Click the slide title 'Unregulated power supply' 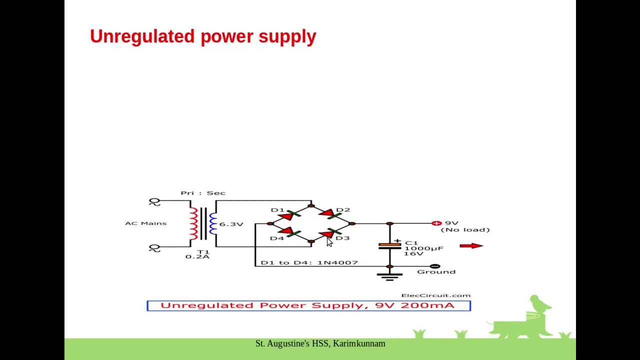coord(203,36)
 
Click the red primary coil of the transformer coord(193,223)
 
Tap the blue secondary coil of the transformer coord(213,223)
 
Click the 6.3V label coord(231,224)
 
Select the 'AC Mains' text coord(145,223)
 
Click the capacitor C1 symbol coord(389,245)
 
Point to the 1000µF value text coord(423,248)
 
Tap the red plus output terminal coord(436,223)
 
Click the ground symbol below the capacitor coord(389,276)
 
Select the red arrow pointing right coord(471,245)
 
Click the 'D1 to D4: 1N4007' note coord(309,262)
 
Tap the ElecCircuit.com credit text coord(435,295)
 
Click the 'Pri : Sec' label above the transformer coord(203,193)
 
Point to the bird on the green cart coord(539,303)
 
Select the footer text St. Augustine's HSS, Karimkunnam coord(320,343)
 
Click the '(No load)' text coord(465,230)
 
